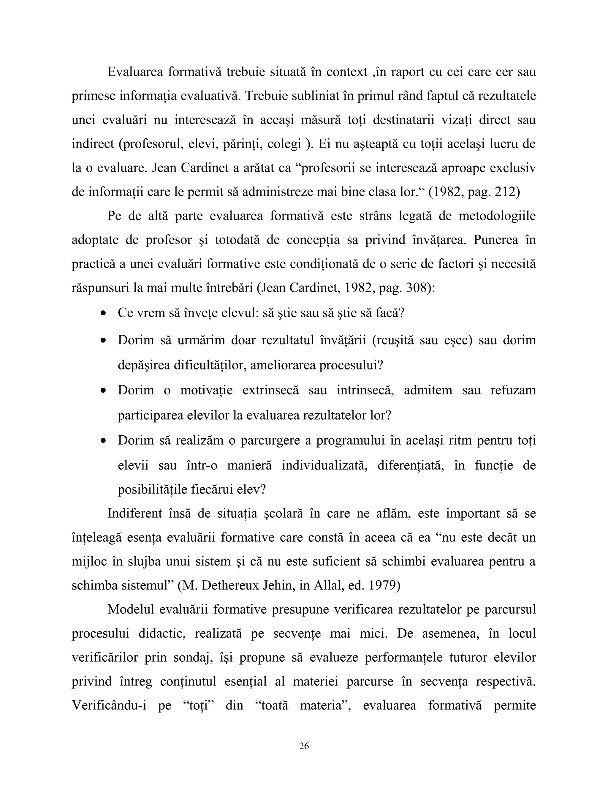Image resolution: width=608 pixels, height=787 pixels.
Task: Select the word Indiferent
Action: [x=135, y=513]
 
